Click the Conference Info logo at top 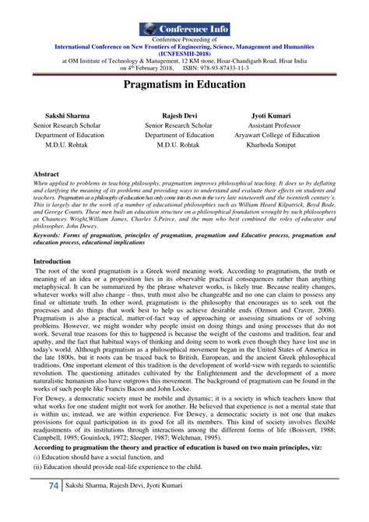coord(184,30)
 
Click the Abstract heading coord(48,174)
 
